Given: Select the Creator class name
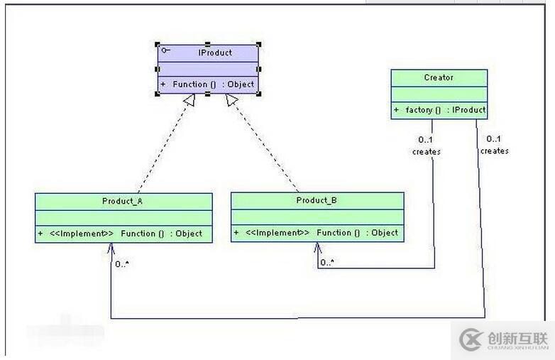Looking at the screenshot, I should (x=439, y=77).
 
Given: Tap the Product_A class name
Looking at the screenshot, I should (x=123, y=202).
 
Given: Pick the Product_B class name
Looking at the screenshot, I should (x=317, y=200).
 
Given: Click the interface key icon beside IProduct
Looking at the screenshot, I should (x=165, y=50).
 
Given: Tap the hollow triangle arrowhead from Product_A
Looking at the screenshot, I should (x=189, y=101).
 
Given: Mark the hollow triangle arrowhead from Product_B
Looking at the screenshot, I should (x=231, y=101).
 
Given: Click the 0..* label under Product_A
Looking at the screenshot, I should (x=122, y=264).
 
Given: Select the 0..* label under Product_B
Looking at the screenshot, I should (x=327, y=263).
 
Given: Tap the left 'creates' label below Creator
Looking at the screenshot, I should (x=426, y=151).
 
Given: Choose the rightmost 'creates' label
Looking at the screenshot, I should (x=494, y=151).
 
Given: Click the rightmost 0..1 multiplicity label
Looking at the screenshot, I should (x=494, y=138).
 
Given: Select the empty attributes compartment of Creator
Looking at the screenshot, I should (x=439, y=94).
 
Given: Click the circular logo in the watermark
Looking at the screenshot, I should (x=471, y=339).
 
